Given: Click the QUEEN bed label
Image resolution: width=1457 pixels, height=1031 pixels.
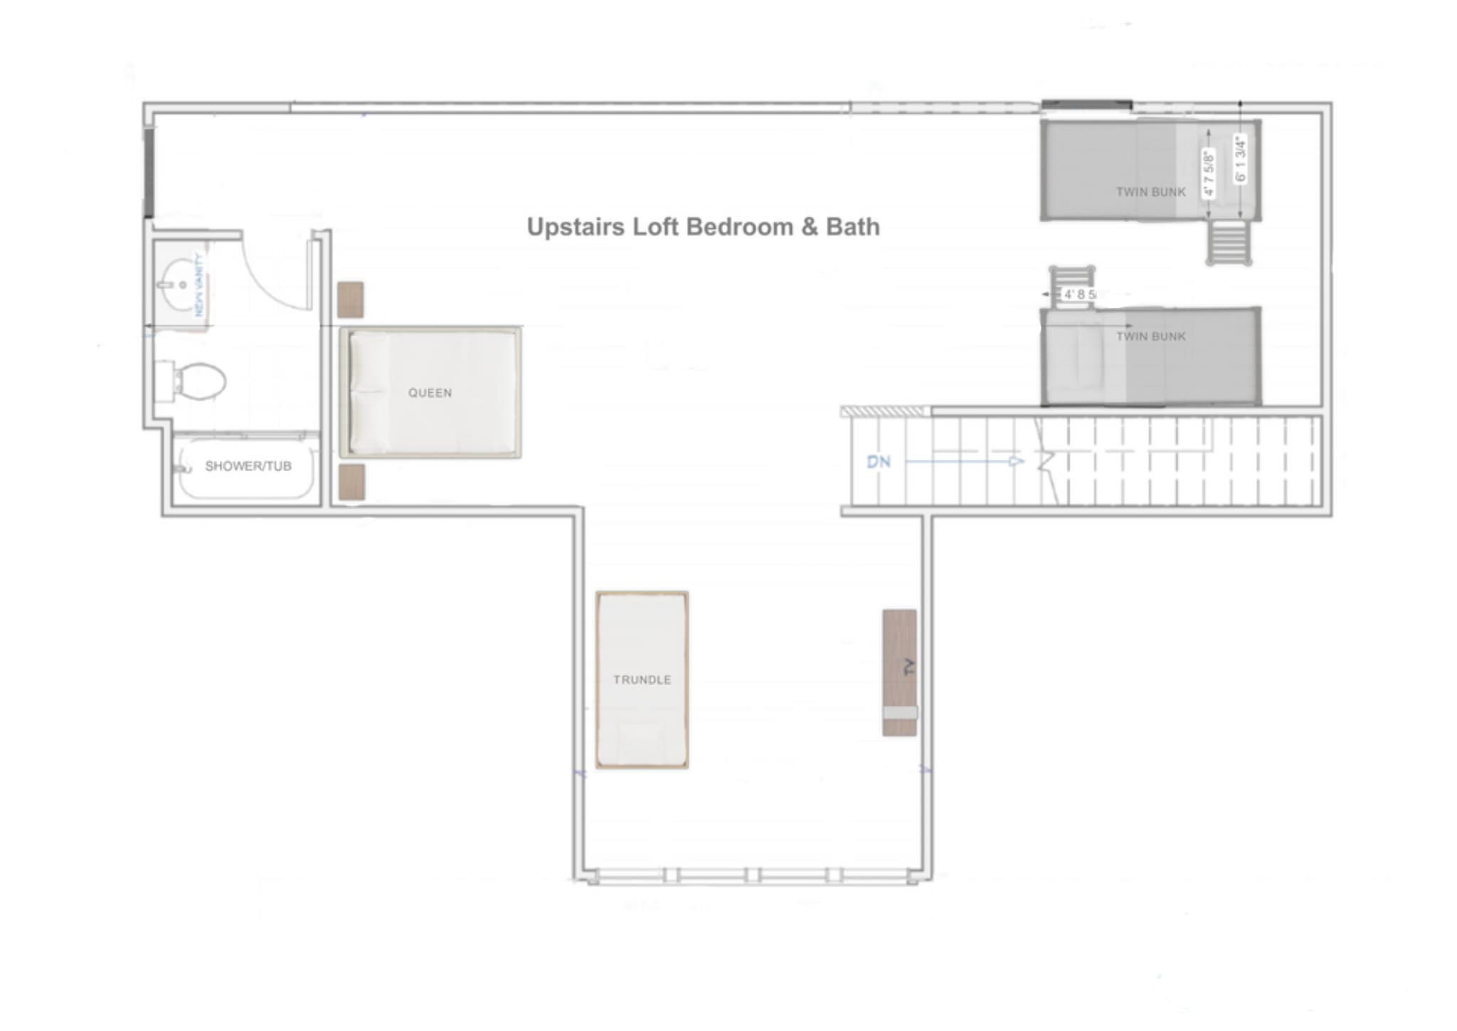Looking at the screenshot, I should pos(430,393).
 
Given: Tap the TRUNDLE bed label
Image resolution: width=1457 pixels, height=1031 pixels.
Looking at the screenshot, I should pos(642,680).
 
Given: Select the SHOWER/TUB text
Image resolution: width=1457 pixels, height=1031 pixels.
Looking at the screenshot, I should pos(248,466).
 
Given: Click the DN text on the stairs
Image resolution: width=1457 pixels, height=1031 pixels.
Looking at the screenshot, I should pos(879,462).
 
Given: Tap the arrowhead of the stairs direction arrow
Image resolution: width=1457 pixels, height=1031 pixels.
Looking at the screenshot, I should pos(1017,462).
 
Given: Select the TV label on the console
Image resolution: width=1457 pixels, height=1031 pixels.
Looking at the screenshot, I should pos(908,667).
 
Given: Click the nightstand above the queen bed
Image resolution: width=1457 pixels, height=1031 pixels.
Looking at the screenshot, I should pos(351,300).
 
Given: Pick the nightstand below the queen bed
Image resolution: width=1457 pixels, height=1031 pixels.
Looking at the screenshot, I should pos(351,482).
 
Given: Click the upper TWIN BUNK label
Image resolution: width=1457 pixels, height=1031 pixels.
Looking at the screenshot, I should pos(1150,192).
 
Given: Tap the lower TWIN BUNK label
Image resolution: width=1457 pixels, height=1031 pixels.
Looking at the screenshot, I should pos(1150,337).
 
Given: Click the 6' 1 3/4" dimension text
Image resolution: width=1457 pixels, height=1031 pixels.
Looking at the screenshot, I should pos(1241,159).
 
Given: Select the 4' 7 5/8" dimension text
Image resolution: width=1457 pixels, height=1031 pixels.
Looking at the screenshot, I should pos(1208,173).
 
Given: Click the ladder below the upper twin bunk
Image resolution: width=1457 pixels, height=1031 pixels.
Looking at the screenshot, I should pos(1229,243).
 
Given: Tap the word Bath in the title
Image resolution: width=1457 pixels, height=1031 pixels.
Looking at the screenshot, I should pos(852,227).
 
